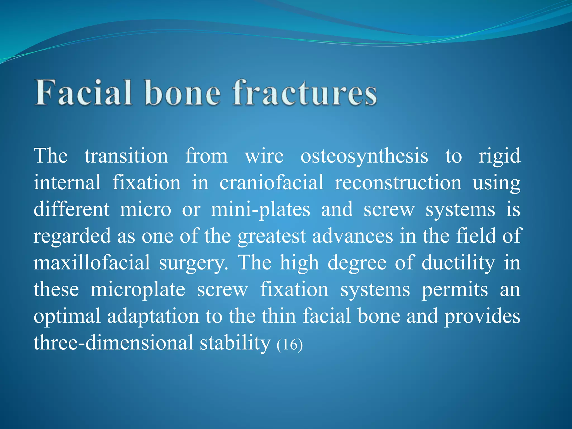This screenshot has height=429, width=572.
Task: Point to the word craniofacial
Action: [x=271, y=183]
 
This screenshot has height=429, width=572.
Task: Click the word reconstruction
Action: [x=398, y=183]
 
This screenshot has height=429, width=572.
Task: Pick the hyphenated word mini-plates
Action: [x=260, y=209]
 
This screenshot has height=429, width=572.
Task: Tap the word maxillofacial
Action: [x=92, y=263]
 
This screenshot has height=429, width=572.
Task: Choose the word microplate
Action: [x=138, y=290]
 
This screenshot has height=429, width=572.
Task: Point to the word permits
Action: [x=455, y=290]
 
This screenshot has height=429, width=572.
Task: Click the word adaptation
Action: [x=153, y=316]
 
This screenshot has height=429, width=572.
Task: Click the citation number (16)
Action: [x=290, y=344]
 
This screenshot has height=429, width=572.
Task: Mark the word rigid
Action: [x=499, y=156]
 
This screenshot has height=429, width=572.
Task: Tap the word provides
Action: [x=482, y=316]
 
